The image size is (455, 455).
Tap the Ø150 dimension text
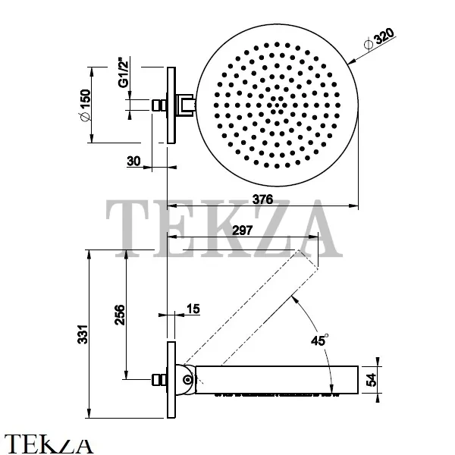click(85, 105)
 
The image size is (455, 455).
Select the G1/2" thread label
click(124, 74)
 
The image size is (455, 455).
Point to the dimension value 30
click(133, 161)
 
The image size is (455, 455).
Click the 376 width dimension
click(262, 199)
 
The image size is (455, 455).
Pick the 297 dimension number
click(243, 231)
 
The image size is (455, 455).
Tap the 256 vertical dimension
click(119, 315)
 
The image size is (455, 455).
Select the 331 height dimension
click(83, 334)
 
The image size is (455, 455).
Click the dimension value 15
click(193, 309)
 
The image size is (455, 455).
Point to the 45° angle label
click(319, 340)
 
